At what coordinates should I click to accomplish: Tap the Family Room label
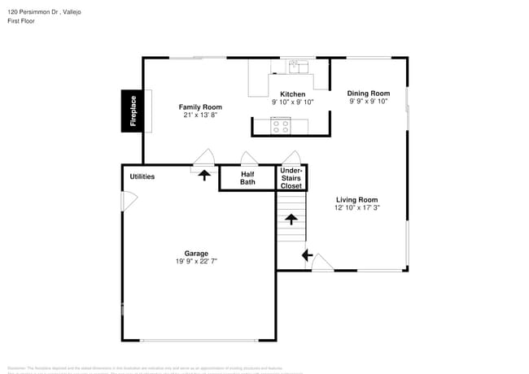point(200,107)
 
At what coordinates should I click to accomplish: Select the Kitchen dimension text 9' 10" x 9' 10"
point(292,102)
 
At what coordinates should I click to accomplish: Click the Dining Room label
point(369,93)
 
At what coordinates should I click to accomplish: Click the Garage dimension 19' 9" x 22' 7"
point(196,261)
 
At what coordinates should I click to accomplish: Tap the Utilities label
point(142,176)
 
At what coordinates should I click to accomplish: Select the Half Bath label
point(247,178)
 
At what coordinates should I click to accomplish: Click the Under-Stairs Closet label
point(291,178)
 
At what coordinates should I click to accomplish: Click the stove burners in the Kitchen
point(282,126)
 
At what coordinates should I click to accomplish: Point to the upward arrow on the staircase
point(291,219)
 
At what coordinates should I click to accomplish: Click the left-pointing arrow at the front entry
point(307,255)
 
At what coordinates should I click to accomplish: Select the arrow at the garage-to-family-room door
point(203,173)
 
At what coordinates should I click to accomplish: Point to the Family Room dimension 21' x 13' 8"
point(200,115)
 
